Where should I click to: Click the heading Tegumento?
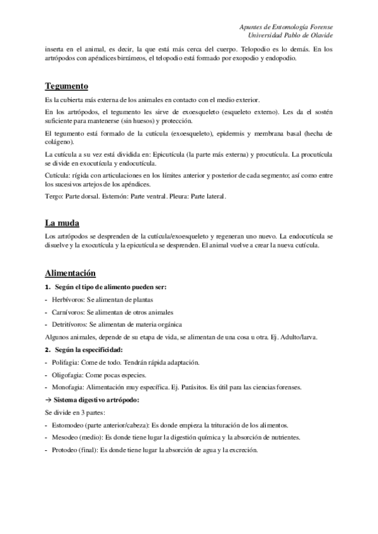coord(66,86)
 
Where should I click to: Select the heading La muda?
coord(61,222)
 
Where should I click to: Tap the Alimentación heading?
coord(70,273)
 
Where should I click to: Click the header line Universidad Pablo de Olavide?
coord(292,35)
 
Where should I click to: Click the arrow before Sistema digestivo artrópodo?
coord(48,400)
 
